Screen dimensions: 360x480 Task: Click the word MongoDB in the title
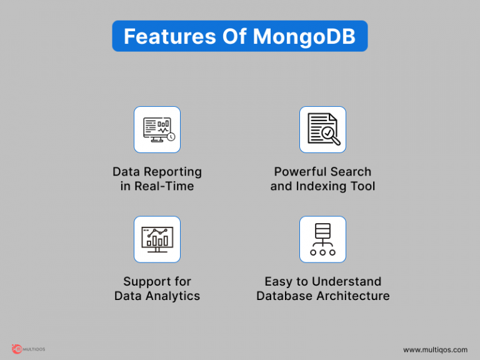click(x=304, y=36)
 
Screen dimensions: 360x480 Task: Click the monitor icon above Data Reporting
click(x=157, y=129)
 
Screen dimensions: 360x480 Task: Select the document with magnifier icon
click(x=322, y=129)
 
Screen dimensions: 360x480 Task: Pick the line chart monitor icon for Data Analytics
click(x=157, y=239)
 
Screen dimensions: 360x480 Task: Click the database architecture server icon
click(x=322, y=239)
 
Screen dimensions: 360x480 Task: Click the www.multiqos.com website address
click(x=435, y=349)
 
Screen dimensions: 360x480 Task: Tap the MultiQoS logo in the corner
click(x=28, y=349)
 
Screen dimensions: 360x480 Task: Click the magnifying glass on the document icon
click(x=329, y=134)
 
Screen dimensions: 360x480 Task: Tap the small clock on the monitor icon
click(x=171, y=137)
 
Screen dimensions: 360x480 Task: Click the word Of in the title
click(x=234, y=36)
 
